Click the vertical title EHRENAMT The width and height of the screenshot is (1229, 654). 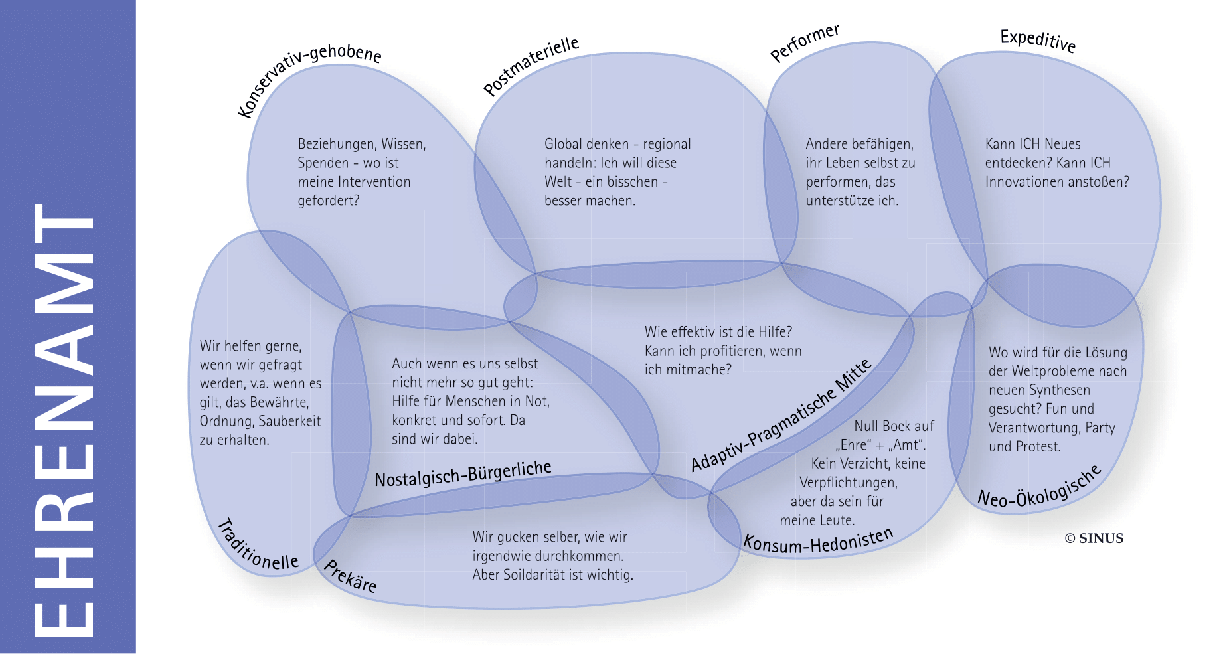(x=64, y=421)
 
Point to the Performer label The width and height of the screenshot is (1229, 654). (x=805, y=42)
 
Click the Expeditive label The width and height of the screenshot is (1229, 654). (x=1037, y=41)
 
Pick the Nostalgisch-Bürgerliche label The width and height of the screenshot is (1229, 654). (x=463, y=473)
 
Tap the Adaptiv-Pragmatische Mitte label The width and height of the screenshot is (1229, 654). (x=781, y=416)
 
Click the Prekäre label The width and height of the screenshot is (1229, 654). (x=350, y=576)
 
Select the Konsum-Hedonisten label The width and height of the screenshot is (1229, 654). (x=818, y=541)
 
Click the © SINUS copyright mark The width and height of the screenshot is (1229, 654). (x=1094, y=538)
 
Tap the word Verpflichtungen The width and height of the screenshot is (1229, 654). (x=848, y=483)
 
